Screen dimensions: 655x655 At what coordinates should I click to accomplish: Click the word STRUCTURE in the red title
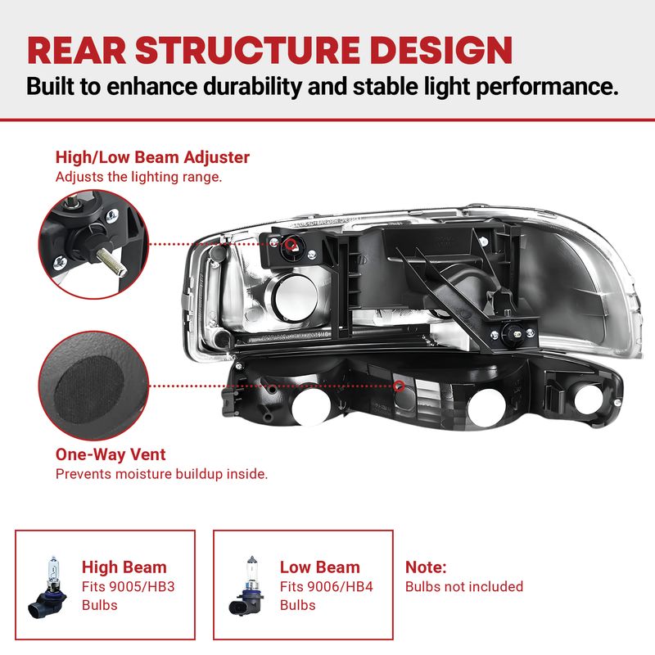(x=248, y=50)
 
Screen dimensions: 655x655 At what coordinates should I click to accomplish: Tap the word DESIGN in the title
(x=441, y=50)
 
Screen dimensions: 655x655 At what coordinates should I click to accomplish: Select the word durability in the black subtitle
(x=253, y=87)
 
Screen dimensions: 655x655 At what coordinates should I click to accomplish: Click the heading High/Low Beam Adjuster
(x=152, y=157)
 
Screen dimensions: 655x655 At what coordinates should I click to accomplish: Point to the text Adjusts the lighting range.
(x=138, y=177)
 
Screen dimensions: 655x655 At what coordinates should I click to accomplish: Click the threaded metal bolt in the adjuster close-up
(x=111, y=261)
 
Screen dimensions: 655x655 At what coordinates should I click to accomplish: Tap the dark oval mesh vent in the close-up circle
(x=89, y=390)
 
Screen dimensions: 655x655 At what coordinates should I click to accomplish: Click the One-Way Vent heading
(x=111, y=454)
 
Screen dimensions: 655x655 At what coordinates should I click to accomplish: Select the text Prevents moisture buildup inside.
(x=161, y=474)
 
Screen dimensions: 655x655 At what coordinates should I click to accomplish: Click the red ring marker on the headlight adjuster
(x=291, y=244)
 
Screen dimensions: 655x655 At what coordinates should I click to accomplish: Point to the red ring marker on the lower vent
(x=399, y=386)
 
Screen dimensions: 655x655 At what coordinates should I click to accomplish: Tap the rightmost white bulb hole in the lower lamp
(x=588, y=400)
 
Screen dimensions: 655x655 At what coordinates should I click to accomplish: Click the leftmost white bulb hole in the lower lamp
(x=311, y=407)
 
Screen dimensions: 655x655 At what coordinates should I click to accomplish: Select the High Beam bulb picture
(x=47, y=587)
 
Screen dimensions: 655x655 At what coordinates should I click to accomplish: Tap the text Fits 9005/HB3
(x=129, y=587)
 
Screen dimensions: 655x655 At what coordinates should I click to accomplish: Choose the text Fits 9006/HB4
(x=326, y=587)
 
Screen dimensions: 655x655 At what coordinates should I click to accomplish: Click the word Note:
(x=426, y=567)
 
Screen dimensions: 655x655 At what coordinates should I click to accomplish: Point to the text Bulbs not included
(x=464, y=587)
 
